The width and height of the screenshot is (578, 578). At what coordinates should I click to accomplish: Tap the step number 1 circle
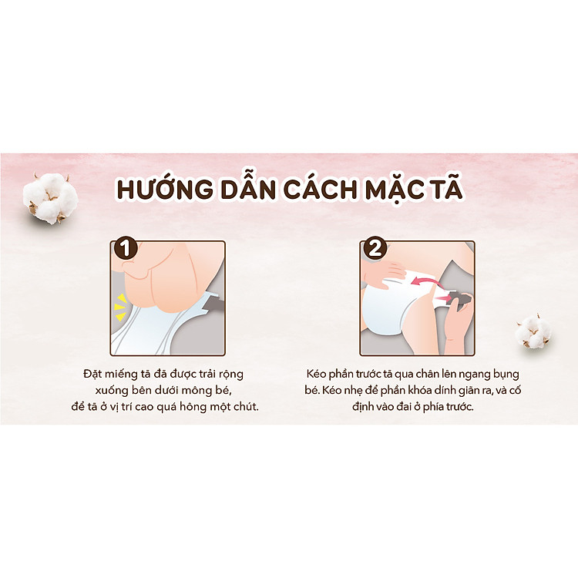pos(125,249)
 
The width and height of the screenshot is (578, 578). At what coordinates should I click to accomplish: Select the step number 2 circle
pos(372,249)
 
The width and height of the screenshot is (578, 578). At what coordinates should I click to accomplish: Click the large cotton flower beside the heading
pos(51,197)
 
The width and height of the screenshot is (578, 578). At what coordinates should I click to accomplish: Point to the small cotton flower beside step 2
pos(533,330)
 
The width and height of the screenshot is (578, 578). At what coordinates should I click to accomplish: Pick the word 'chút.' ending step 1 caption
pos(244,406)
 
